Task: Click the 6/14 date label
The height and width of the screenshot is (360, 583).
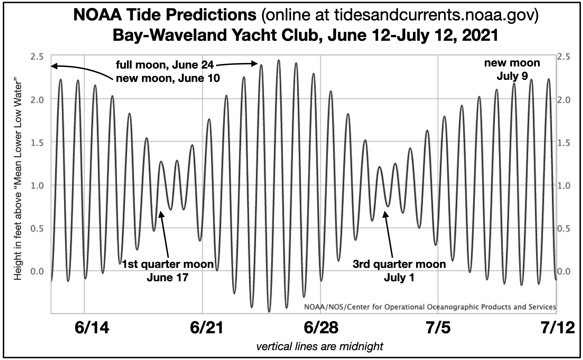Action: pyautogui.click(x=92, y=327)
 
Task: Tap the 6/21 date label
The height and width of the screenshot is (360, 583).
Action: pyautogui.click(x=206, y=327)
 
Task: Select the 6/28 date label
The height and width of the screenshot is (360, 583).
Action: pyautogui.click(x=320, y=327)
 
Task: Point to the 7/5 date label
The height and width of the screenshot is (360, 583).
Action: pyautogui.click(x=438, y=327)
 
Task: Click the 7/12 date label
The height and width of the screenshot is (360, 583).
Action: pyautogui.click(x=557, y=327)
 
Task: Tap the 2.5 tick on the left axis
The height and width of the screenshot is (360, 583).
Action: pyautogui.click(x=36, y=57)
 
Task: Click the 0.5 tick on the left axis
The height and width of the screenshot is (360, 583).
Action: pyautogui.click(x=36, y=229)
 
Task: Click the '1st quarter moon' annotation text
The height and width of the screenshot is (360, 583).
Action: pyautogui.click(x=168, y=264)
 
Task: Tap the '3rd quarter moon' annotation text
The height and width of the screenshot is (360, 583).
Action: pyautogui.click(x=399, y=264)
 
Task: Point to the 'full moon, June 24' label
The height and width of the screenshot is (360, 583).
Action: pyautogui.click(x=164, y=65)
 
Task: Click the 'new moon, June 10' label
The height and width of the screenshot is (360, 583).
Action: pyautogui.click(x=168, y=78)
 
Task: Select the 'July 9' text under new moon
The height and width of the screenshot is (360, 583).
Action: pyautogui.click(x=512, y=76)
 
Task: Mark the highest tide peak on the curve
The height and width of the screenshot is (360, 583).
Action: pyautogui.click(x=279, y=60)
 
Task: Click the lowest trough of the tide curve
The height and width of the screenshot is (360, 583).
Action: pyautogui.click(x=269, y=311)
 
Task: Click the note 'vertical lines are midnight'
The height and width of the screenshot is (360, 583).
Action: pyautogui.click(x=319, y=347)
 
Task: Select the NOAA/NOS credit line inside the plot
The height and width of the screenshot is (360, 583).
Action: pyautogui.click(x=430, y=307)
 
